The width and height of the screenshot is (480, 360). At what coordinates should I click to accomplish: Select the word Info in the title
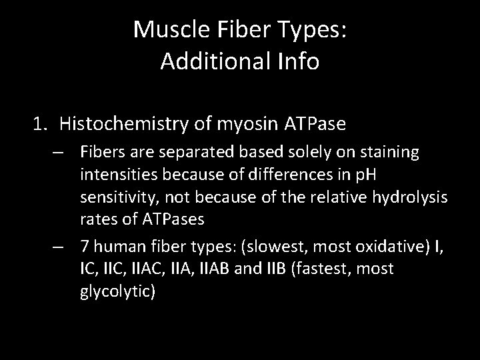coord(299,61)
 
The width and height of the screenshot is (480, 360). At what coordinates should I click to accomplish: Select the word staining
coord(391,153)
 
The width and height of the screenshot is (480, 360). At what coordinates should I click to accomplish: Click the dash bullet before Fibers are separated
coord(59,153)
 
